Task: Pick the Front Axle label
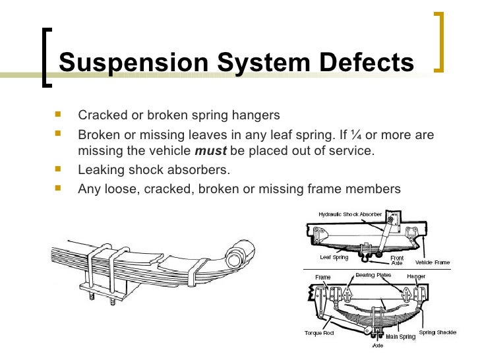click(397, 260)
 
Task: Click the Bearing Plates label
click(374, 275)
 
